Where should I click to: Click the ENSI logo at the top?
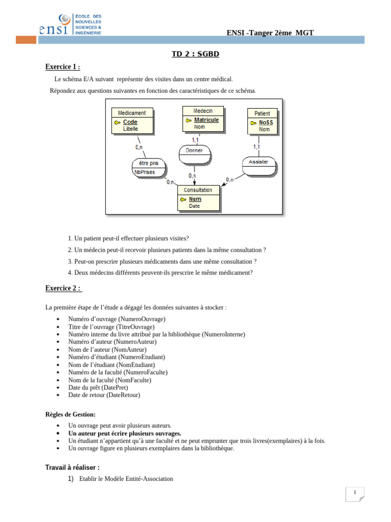pyautogui.click(x=71, y=25)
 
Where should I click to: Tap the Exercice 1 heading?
pyautogui.click(x=63, y=67)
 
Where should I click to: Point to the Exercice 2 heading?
pyautogui.click(x=63, y=288)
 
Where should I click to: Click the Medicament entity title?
pyautogui.click(x=132, y=113)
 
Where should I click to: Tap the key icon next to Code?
pyautogui.click(x=117, y=122)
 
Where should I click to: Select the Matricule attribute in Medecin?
pyautogui.click(x=206, y=120)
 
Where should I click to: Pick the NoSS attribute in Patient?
pyautogui.click(x=266, y=122)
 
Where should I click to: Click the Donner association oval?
pyautogui.click(x=194, y=150)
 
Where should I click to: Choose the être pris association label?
pyautogui.click(x=149, y=163)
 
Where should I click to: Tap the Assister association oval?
pyautogui.click(x=259, y=162)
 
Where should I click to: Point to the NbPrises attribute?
pyautogui.click(x=144, y=172)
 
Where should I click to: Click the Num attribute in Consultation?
pyautogui.click(x=195, y=199)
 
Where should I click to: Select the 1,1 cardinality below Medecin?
pyautogui.click(x=195, y=139)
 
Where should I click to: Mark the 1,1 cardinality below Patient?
pyautogui.click(x=257, y=146)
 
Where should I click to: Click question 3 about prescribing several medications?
pyautogui.click(x=161, y=261)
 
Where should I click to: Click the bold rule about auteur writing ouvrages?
pyautogui.click(x=125, y=433)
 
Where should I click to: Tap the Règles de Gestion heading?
pyautogui.click(x=70, y=414)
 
